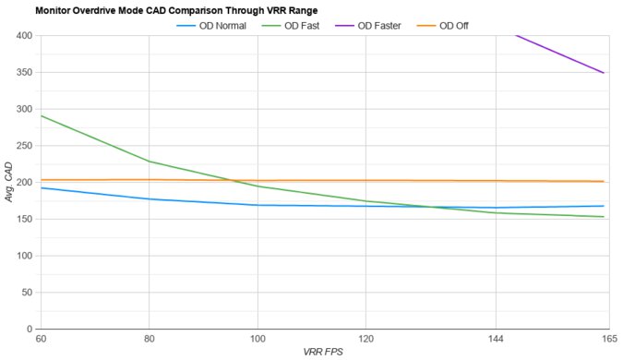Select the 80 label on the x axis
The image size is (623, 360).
[x=149, y=339]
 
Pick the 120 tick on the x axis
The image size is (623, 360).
[x=365, y=339]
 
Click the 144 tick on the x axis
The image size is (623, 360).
[x=496, y=339]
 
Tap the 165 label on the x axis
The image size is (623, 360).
[x=604, y=339]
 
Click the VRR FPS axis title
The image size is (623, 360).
[x=322, y=352]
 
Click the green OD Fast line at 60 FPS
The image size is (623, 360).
[x=42, y=116]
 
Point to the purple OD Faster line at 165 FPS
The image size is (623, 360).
[x=604, y=73]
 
